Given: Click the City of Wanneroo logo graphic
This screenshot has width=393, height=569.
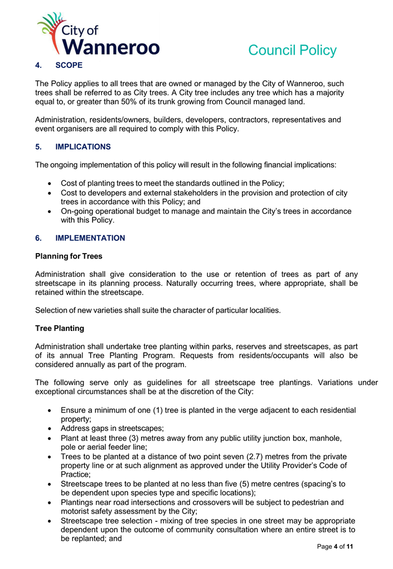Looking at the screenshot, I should (98, 34).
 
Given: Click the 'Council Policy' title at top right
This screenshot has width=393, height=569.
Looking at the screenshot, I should (292, 51).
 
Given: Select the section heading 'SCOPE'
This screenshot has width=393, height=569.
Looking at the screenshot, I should (69, 65).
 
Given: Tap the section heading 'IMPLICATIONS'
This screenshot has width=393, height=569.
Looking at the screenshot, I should (83, 147).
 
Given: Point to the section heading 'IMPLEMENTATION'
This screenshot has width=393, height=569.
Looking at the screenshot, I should (90, 238).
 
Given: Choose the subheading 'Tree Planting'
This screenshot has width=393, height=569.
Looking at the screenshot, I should (60, 328).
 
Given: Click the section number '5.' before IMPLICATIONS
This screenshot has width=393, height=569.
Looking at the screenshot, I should (38, 147).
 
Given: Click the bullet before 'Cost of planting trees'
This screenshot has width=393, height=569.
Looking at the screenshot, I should (51, 183).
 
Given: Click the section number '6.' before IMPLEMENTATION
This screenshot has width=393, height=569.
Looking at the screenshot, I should (38, 238).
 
